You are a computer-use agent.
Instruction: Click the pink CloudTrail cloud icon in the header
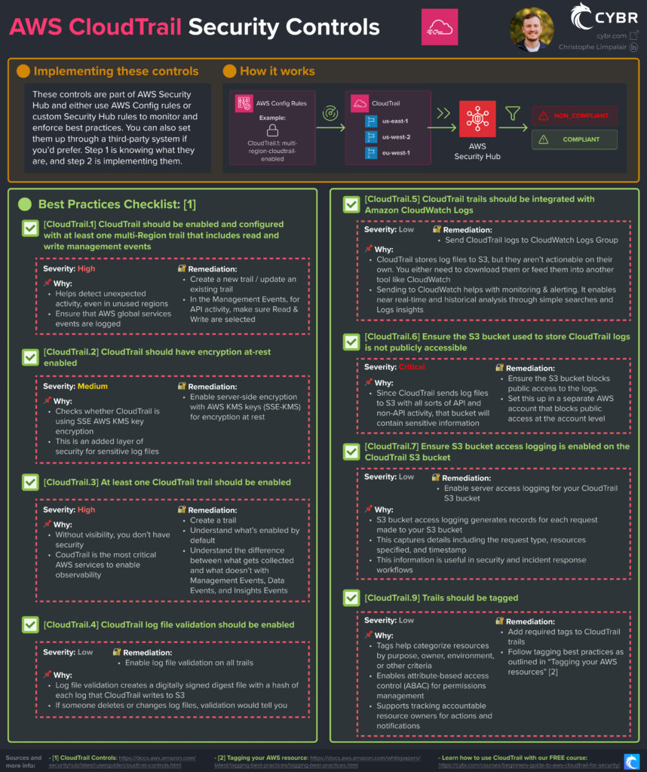point(439,27)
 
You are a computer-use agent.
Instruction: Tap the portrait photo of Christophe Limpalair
point(532,29)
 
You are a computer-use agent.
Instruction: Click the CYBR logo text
point(616,18)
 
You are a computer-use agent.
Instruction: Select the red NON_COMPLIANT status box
point(574,115)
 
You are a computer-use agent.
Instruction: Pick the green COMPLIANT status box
point(574,139)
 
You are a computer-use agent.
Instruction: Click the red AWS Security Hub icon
point(477,118)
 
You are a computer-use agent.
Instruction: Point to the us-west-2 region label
point(396,137)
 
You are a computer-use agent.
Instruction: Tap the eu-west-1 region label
point(396,152)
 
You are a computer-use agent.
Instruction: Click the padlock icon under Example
point(272,130)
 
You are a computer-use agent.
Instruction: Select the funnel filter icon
point(513,113)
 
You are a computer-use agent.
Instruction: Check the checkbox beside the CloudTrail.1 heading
point(30,228)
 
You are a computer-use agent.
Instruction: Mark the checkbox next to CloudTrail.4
point(30,625)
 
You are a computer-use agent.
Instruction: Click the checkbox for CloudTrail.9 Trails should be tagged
point(351,598)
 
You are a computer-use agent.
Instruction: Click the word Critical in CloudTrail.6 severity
point(412,367)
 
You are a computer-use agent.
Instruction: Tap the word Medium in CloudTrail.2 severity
point(92,386)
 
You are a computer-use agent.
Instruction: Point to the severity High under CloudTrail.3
point(86,510)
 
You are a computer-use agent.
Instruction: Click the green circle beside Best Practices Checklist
point(25,204)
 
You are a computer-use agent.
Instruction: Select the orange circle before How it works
point(229,71)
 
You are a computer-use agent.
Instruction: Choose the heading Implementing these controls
point(116,71)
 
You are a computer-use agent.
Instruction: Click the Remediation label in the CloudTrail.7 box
point(466,478)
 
